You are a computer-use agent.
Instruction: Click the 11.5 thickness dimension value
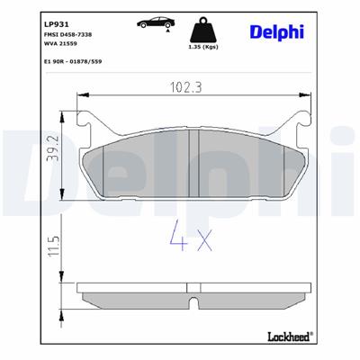pos(54,246)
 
